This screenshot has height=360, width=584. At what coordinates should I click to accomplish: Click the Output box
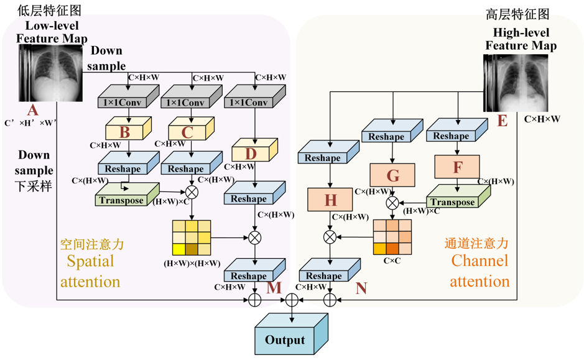291,335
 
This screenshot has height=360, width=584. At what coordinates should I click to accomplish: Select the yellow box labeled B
129,129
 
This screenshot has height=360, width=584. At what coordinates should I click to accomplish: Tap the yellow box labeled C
192,129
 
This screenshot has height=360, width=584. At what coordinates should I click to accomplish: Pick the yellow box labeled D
255,150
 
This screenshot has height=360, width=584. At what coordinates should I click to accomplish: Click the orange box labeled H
330,200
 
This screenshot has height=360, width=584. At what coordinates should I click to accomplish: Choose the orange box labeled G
392,175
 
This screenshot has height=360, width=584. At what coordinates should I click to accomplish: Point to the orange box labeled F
457,167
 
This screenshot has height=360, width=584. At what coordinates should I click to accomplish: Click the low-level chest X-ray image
50,73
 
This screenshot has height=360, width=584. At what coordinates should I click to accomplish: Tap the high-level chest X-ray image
516,83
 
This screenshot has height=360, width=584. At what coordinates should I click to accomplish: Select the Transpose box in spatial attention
127,195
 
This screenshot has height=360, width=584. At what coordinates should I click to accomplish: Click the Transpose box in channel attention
458,196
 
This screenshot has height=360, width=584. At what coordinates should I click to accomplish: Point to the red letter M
274,288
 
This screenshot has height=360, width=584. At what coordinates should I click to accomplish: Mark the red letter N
361,288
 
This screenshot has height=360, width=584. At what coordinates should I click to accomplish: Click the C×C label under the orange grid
392,261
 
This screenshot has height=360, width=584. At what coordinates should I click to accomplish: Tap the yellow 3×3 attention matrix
192,238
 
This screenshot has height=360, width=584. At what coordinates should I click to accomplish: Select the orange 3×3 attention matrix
392,237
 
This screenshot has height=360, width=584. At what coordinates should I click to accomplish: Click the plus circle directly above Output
292,300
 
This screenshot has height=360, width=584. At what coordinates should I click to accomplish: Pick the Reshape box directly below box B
129,163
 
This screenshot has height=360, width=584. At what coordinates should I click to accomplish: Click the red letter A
33,110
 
